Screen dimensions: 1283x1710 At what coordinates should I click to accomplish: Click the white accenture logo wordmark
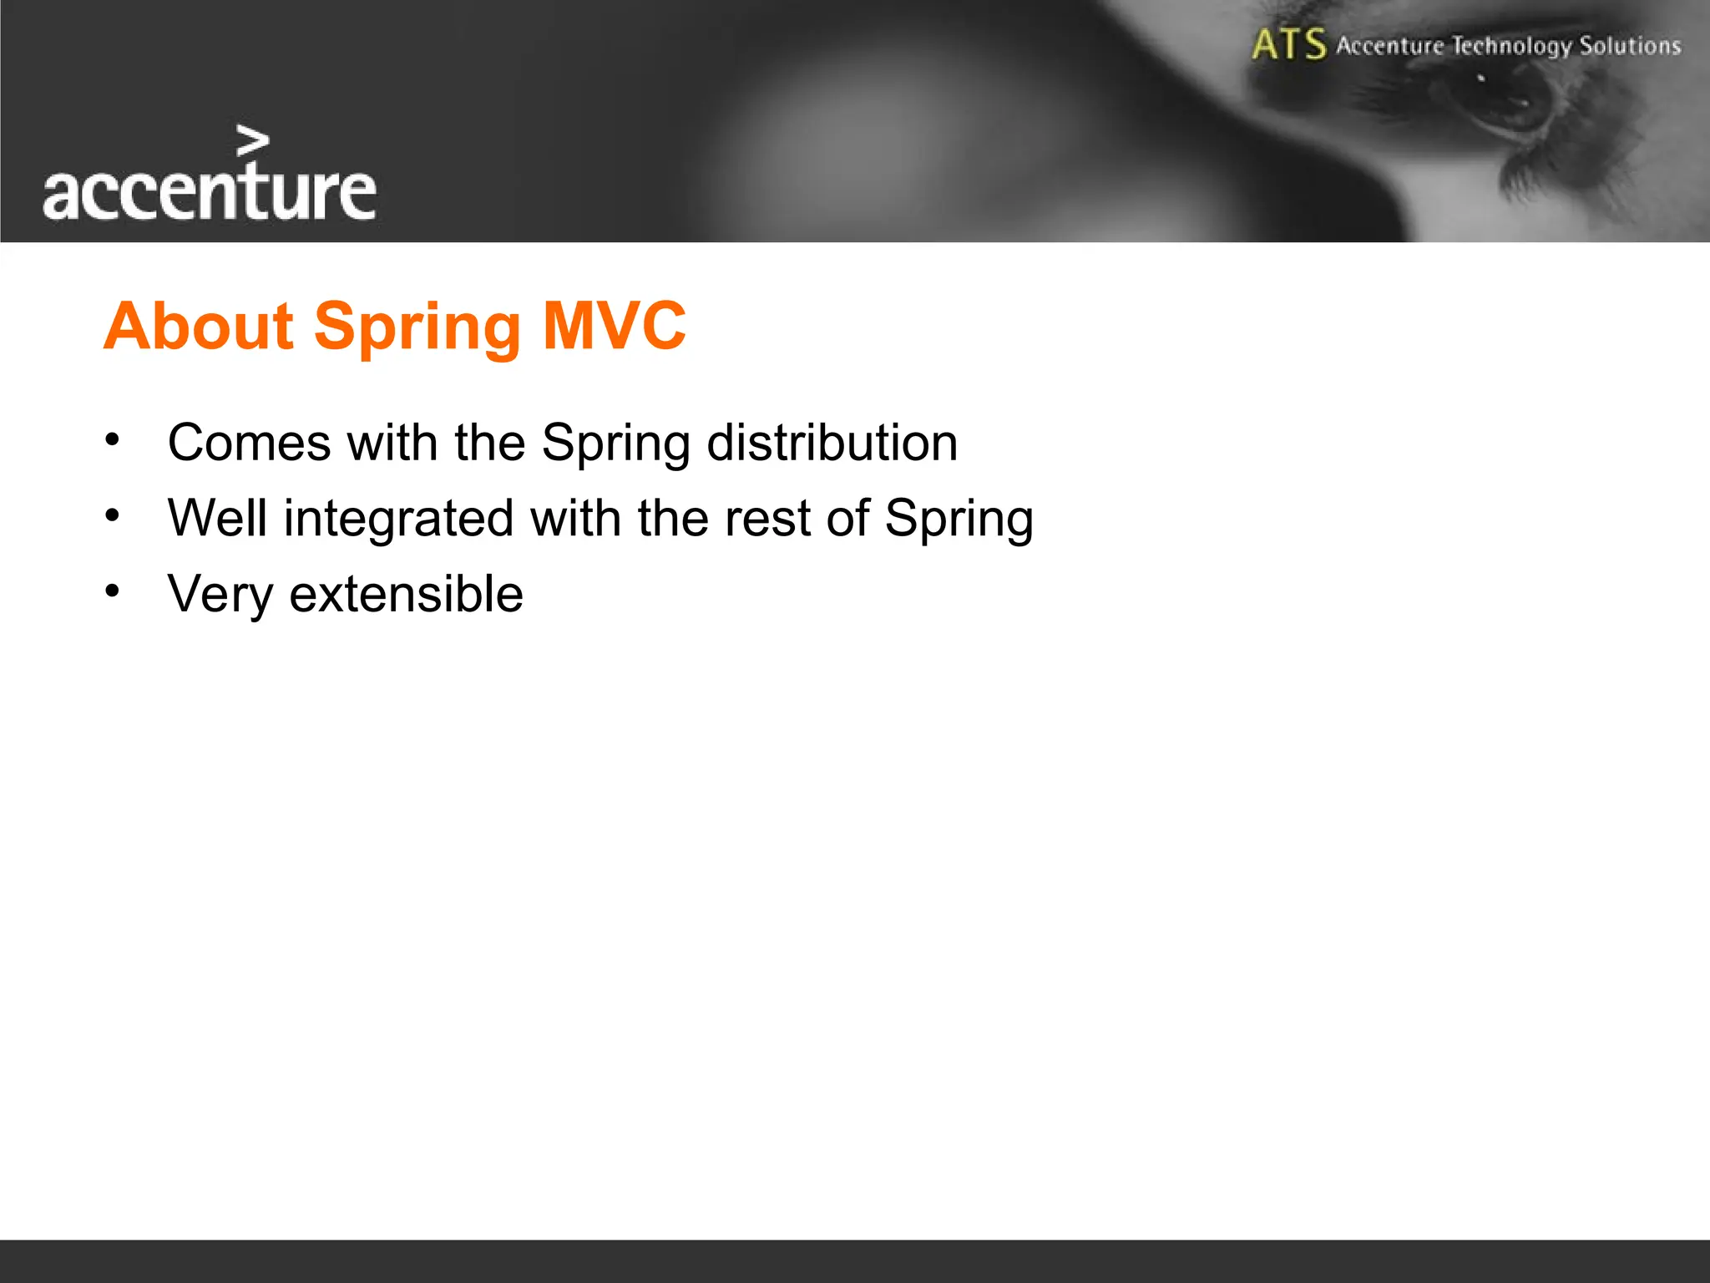pos(209,192)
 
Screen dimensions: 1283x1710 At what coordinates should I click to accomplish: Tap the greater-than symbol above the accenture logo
pos(252,141)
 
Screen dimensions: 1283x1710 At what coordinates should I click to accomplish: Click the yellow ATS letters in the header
pos(1288,44)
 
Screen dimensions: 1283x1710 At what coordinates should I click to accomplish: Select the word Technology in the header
pos(1511,46)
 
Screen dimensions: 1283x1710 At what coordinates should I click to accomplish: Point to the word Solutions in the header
pos(1629,45)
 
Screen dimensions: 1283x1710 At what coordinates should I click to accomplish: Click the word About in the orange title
pos(198,326)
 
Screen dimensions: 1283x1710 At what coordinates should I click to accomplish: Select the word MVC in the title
pos(614,326)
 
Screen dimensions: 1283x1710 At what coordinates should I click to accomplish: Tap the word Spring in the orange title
pos(417,327)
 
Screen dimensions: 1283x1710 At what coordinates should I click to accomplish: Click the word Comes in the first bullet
pos(249,442)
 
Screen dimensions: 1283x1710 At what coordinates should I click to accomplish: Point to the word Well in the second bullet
pos(217,518)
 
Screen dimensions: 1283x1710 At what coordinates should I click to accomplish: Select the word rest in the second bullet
pos(766,518)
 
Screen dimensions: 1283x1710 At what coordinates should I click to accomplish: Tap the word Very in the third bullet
pos(220,595)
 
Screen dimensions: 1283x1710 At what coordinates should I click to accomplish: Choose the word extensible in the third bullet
pos(406,594)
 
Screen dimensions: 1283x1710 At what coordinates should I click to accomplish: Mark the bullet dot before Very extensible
pos(113,591)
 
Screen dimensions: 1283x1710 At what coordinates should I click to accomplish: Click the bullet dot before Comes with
pos(113,439)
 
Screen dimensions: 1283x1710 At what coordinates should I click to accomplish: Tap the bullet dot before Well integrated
pos(113,515)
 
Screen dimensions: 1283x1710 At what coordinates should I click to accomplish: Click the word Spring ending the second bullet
pos(959,520)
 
